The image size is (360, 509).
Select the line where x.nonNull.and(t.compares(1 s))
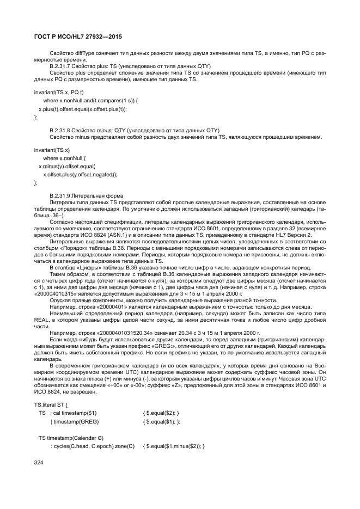point(87,101)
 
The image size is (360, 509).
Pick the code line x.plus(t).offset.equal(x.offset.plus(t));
point(82,109)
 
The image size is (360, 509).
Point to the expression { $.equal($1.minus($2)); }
point(173,446)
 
